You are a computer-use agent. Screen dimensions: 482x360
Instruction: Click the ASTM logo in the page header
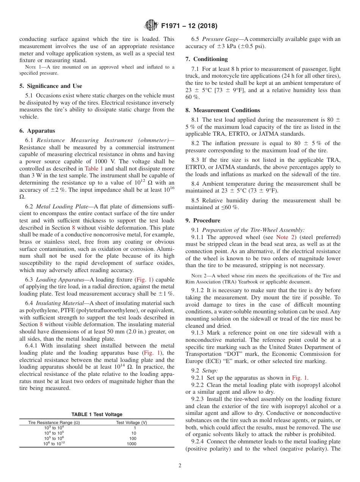click(151, 26)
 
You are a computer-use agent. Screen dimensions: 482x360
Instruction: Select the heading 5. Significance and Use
click(50, 86)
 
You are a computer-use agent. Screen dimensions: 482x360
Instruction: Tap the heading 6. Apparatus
click(37, 131)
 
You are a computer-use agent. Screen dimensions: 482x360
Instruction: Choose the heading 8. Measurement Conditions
click(222, 110)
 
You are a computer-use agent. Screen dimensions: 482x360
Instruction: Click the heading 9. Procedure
click(203, 221)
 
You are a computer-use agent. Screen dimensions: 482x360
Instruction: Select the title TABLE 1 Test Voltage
click(97, 415)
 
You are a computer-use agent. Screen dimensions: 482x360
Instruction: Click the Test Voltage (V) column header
click(131, 423)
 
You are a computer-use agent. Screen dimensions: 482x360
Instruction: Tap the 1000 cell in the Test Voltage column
click(131, 444)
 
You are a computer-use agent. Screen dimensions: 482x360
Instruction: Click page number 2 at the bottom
click(180, 466)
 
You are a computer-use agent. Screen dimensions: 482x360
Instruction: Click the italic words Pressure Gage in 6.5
click(222, 39)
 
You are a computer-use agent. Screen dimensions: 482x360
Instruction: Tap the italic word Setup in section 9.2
click(209, 370)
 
